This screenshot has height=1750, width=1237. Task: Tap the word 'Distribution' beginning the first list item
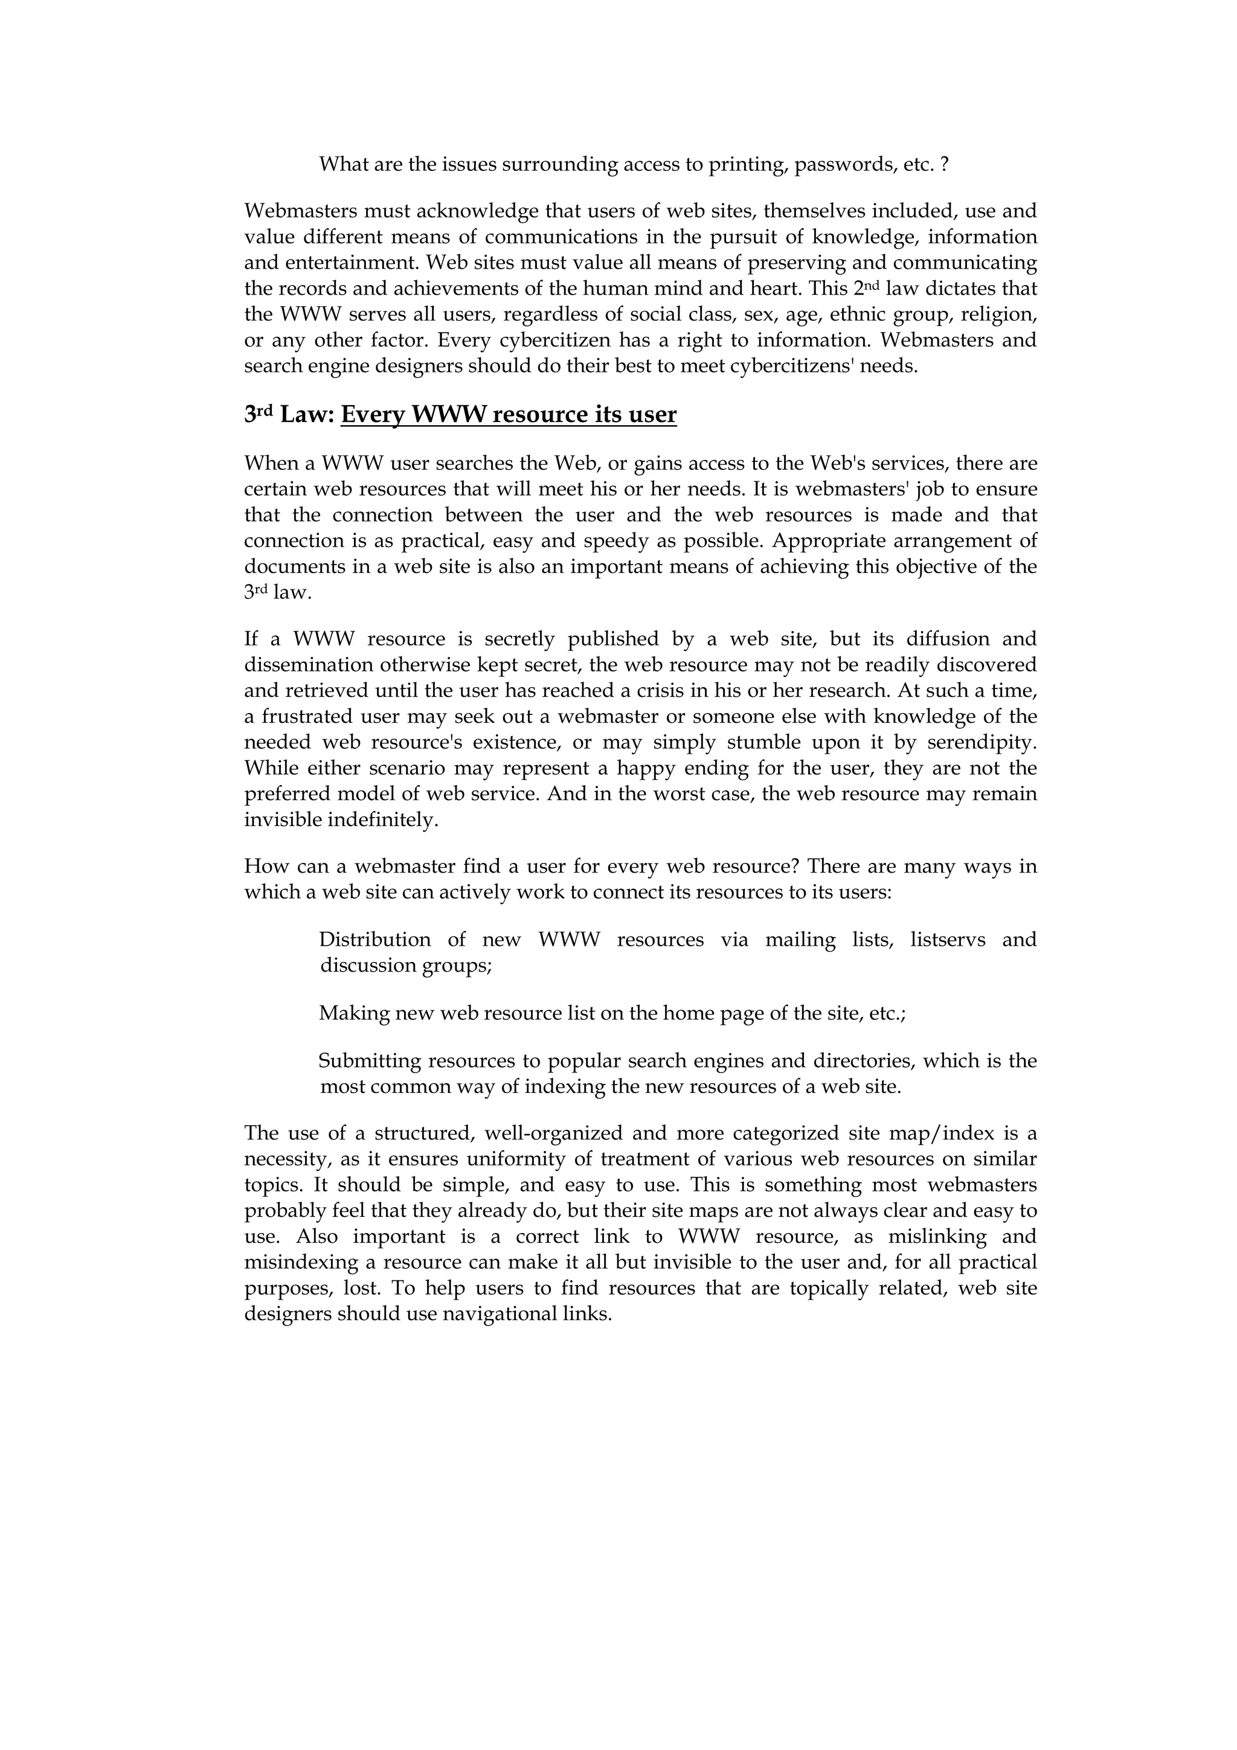pyautogui.click(x=374, y=940)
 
